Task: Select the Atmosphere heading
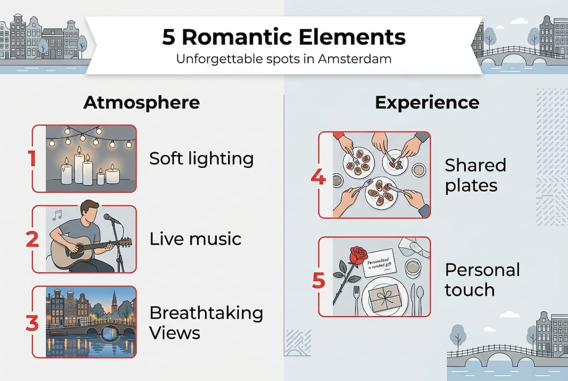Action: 141,102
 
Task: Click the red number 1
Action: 32,158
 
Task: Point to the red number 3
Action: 32,323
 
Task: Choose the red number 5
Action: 318,280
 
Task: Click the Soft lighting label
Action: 201,158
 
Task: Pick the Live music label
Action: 195,239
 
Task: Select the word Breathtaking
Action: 206,313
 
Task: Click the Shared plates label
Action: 475,175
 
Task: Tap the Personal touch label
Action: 482,279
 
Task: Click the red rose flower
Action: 359,255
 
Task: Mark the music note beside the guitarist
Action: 57,214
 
